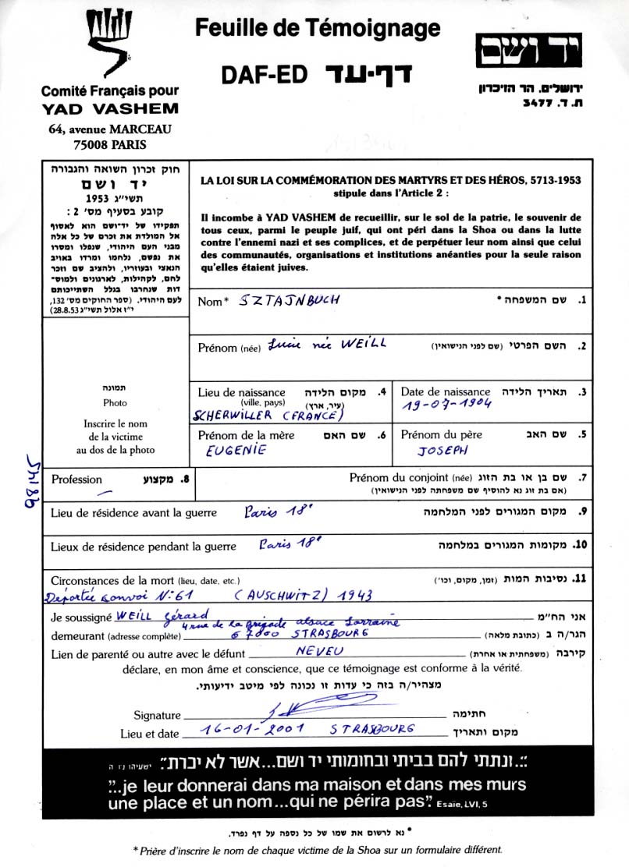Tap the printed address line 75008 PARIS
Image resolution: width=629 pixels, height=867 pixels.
point(109,144)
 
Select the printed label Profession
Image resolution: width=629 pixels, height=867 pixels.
point(76,480)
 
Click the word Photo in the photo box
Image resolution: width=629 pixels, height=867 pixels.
point(115,403)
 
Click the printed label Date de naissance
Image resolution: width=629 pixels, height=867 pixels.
point(446,391)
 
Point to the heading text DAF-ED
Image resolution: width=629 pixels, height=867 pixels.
point(261,75)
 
